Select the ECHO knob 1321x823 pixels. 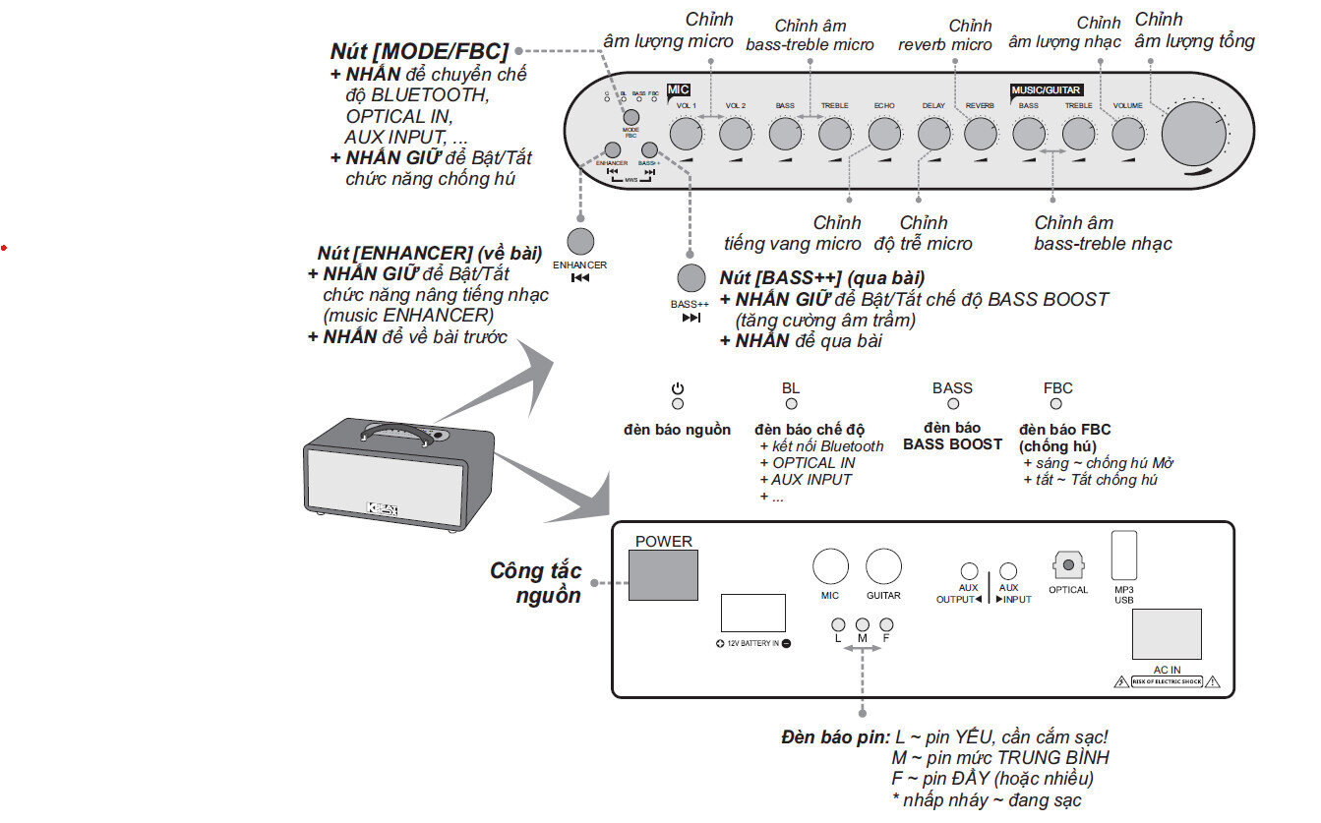coord(882,133)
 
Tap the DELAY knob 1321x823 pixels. coord(932,133)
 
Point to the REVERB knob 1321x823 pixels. coord(981,133)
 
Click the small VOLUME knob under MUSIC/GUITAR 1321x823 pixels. coord(1128,133)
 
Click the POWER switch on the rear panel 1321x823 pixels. coord(663,575)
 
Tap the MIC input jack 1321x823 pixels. coord(830,567)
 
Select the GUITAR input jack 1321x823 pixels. coord(883,567)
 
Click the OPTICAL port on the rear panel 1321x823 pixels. coord(1067,566)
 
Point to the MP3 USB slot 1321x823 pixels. coord(1123,556)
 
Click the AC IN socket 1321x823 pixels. coord(1167,634)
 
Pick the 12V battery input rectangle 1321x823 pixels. coord(752,613)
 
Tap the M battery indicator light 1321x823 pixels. coord(863,624)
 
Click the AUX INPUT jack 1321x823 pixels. coord(1008,571)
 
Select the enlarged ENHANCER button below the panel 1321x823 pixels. coord(580,243)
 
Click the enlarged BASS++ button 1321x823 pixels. coord(691,278)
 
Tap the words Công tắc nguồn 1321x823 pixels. coord(536,582)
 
